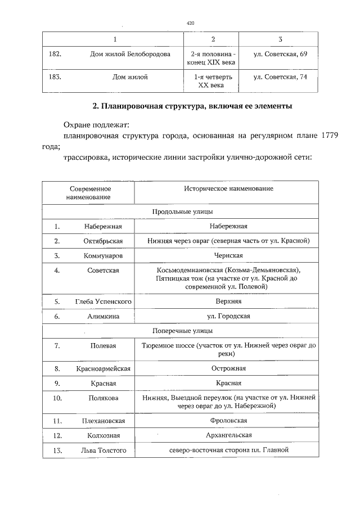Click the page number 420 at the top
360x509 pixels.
(190, 23)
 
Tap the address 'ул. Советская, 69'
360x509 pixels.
(280, 55)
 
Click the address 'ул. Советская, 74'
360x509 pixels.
(280, 77)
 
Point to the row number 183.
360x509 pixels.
(55, 77)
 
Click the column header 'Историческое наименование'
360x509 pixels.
(228, 188)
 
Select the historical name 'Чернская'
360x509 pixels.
(228, 255)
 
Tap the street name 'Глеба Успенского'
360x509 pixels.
(103, 301)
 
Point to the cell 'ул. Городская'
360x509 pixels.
(228, 316)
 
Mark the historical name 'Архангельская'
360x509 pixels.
(228, 435)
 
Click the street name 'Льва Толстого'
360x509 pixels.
(103, 450)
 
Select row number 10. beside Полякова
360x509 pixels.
(57, 398)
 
